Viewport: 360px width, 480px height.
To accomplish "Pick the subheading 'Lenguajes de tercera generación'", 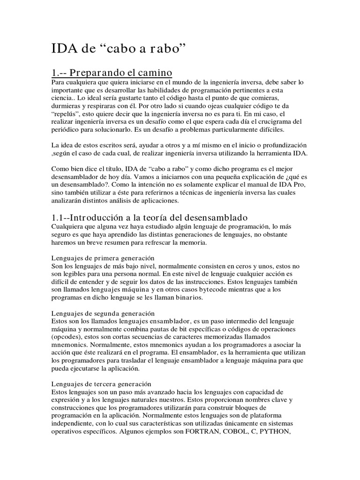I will coord(101,383).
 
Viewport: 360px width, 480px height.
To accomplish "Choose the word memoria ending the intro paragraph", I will coord(198,244).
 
